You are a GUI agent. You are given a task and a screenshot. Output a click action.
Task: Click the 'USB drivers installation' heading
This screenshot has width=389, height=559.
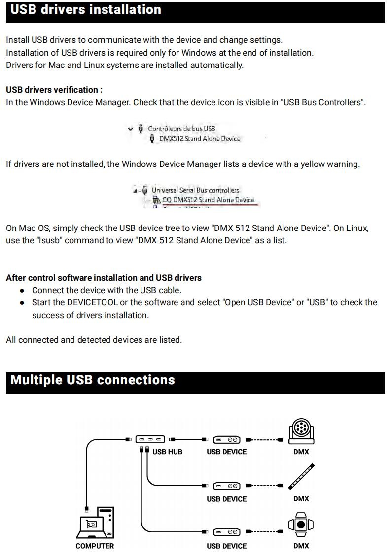(x=86, y=10)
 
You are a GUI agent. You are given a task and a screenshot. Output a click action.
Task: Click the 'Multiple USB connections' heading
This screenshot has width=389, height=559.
(x=92, y=380)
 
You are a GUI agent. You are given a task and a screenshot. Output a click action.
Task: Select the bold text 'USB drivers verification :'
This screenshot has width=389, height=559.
(x=54, y=90)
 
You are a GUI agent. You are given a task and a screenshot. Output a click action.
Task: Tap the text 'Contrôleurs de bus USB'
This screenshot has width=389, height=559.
(x=181, y=129)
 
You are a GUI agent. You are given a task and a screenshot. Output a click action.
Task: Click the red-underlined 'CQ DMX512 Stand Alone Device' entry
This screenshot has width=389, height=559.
(x=209, y=200)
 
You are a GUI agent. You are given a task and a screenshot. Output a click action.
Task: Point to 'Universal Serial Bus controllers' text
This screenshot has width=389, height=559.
(x=195, y=190)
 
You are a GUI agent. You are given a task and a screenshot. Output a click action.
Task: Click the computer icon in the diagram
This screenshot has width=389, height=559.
(x=95, y=523)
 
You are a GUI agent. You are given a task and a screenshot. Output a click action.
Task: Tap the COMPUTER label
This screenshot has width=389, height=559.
(x=95, y=546)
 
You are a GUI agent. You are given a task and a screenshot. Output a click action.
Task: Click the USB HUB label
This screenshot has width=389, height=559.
(x=167, y=452)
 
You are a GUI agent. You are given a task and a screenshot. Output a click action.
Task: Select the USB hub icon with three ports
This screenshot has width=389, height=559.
(x=150, y=440)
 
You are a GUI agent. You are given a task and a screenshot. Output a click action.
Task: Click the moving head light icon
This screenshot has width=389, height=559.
(x=301, y=431)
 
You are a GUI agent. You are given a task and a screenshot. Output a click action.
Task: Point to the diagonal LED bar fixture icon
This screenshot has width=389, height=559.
(x=301, y=476)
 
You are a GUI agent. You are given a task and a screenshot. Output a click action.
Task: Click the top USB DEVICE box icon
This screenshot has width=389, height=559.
(x=227, y=440)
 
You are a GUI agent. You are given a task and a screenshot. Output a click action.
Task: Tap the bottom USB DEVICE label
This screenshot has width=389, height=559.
(x=227, y=546)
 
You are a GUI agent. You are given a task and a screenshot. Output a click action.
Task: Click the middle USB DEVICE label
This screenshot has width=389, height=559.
(x=227, y=499)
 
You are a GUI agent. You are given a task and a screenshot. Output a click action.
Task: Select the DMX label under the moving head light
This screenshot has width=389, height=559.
(x=301, y=452)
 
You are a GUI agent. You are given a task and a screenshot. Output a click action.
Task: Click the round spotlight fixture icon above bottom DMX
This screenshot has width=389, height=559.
(x=301, y=525)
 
